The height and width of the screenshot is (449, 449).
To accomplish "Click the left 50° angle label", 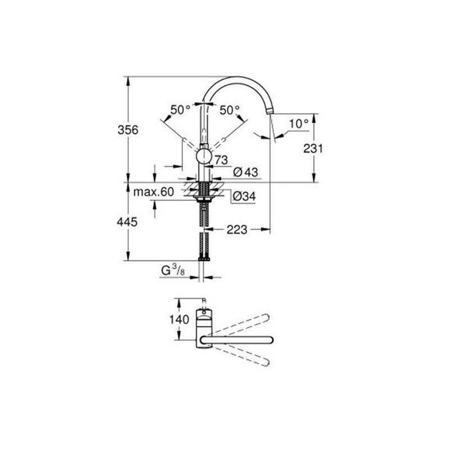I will [180, 110].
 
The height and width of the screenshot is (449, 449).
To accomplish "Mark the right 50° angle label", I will [229, 110].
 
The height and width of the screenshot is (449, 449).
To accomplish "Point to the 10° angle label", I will [298, 122].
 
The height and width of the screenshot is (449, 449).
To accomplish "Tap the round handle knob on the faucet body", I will [203, 158].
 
